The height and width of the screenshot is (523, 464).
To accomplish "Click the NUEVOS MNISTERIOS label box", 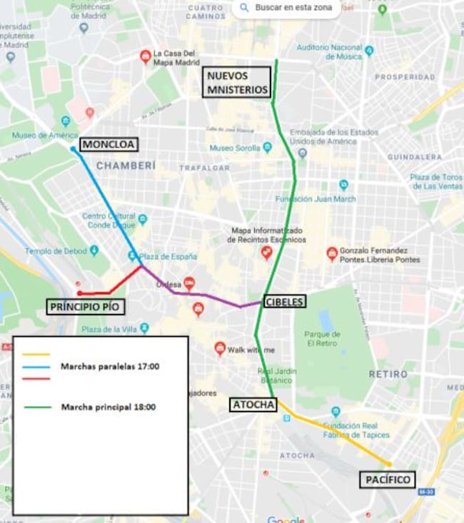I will click(x=237, y=82).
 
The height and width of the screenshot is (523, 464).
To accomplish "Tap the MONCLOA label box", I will click(x=108, y=145).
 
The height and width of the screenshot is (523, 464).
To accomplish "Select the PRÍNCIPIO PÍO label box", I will click(x=86, y=307).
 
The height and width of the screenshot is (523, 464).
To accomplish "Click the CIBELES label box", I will click(x=284, y=302).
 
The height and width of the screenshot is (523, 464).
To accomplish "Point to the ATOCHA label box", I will click(x=253, y=405).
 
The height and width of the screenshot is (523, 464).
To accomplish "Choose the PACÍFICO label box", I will click(x=386, y=479).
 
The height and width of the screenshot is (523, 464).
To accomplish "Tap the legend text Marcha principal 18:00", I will click(x=109, y=407).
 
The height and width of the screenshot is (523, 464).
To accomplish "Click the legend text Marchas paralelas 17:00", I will click(x=110, y=367).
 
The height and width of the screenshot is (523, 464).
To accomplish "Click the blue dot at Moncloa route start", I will click(x=73, y=149).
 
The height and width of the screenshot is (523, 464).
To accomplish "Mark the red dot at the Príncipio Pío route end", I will click(x=79, y=293).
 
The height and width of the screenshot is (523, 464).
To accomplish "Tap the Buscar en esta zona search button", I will click(x=286, y=8).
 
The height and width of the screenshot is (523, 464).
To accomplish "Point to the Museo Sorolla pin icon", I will click(x=267, y=148).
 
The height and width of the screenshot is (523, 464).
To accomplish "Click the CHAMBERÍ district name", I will click(x=126, y=166).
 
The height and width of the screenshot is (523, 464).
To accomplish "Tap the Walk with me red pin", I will click(x=220, y=348).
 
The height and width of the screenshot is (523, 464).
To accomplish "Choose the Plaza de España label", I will click(x=168, y=257).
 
